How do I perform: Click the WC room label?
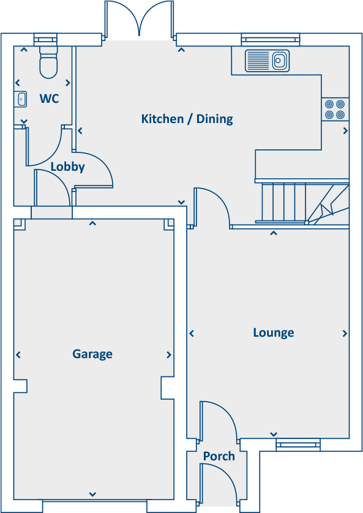(x=49, y=98)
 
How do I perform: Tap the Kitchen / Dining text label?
(x=187, y=119)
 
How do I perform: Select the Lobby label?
(x=67, y=167)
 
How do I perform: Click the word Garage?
(x=92, y=354)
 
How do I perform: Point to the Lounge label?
(x=274, y=332)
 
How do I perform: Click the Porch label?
(x=219, y=456)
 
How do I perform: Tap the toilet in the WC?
(x=48, y=62)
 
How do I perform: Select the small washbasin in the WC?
(x=21, y=98)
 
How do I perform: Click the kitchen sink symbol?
(x=268, y=61)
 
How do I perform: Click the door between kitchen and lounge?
(x=211, y=208)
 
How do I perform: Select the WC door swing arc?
(x=44, y=147)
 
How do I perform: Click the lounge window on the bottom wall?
(x=298, y=444)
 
